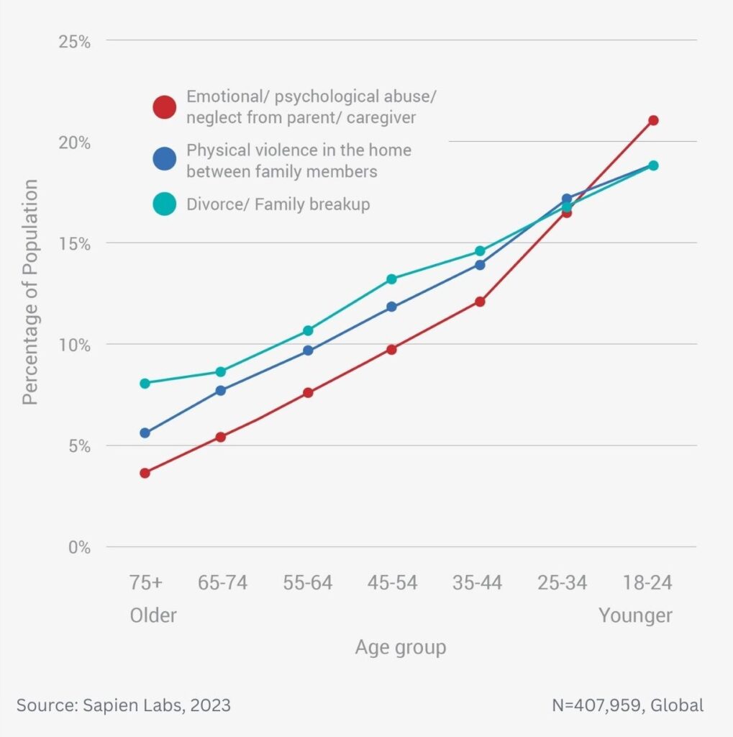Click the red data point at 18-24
click(x=652, y=120)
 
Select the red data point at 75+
click(x=145, y=473)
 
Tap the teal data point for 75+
click(x=145, y=384)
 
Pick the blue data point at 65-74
click(x=221, y=390)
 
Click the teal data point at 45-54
click(x=391, y=279)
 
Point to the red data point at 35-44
click(x=480, y=302)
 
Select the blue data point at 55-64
click(x=308, y=351)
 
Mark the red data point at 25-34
click(x=567, y=212)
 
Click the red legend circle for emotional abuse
click(x=165, y=107)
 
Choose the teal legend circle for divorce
click(x=165, y=204)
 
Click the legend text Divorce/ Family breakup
click(x=278, y=204)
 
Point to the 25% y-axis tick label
click(x=75, y=41)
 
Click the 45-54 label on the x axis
click(x=392, y=583)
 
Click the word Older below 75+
click(x=153, y=616)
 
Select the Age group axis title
click(x=400, y=648)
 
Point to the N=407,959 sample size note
click(x=628, y=705)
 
